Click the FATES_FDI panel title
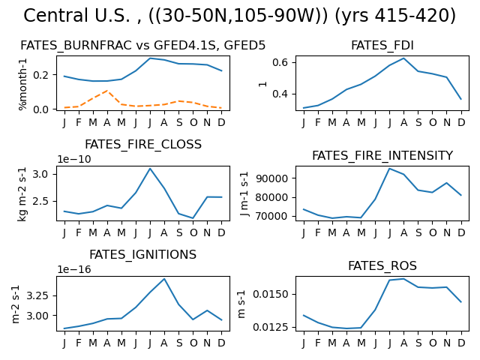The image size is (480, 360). (x=382, y=45)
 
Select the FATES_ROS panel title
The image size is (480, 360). (x=382, y=265)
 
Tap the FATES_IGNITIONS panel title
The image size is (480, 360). (x=143, y=255)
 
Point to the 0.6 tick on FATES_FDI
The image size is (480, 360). (x=280, y=62)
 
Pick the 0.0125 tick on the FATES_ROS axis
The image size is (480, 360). (x=271, y=327)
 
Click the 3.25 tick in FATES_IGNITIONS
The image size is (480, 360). (x=37, y=296)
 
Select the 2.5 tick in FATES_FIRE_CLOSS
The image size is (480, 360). (x=40, y=202)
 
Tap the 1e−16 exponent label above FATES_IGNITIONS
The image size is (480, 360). (x=74, y=269)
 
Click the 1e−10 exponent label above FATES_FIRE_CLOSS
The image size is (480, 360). (x=74, y=159)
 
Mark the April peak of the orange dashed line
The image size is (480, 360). (x=107, y=91)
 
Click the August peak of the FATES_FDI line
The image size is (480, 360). (x=403, y=58)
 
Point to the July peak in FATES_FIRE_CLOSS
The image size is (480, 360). (x=150, y=168)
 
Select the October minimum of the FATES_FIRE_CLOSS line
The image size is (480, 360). (x=193, y=218)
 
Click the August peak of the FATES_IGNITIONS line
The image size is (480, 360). (x=164, y=279)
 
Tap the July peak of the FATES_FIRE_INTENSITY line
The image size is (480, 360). (x=389, y=168)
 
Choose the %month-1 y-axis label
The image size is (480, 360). (x=23, y=84)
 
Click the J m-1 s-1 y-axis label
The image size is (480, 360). (x=244, y=193)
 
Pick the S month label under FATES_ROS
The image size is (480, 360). (x=418, y=343)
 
